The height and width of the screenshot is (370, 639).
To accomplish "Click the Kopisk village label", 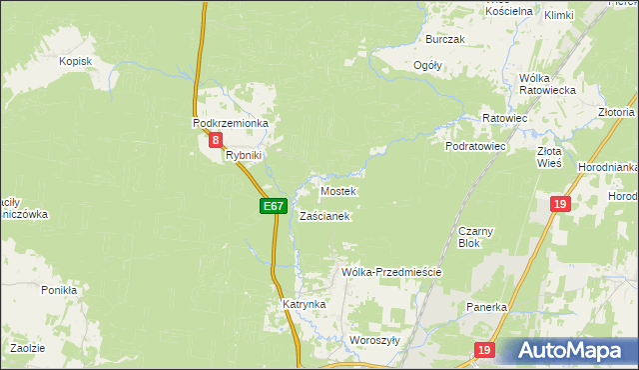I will coord(75,61).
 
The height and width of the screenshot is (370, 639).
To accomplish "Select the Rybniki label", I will coord(243,155).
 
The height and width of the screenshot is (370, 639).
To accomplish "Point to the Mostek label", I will coord(337,190).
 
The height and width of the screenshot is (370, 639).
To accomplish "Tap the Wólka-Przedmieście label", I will coord(391,272).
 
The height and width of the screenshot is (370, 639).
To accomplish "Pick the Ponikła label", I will coord(59,290).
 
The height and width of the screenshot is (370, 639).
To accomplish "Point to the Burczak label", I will coord(445,39).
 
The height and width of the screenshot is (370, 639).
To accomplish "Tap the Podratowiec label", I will coord(475,146).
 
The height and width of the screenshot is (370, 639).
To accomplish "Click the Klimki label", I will coord(559,15).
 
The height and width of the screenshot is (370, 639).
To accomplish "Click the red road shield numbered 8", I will coord(216,142).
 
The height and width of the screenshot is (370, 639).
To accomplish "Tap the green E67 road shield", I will coord(274,206).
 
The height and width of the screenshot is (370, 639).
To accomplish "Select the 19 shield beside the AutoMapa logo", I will coord(484,350).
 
